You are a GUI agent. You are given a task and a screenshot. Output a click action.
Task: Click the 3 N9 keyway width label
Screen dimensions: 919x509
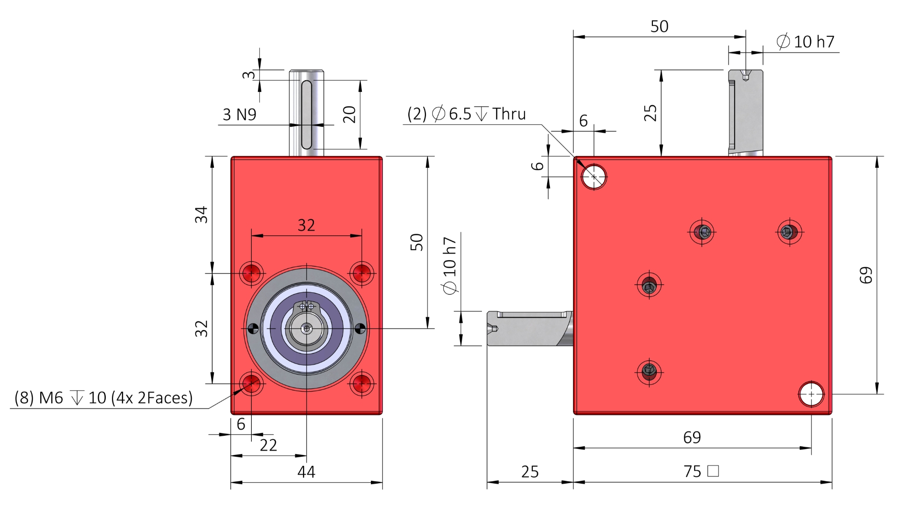click(239, 115)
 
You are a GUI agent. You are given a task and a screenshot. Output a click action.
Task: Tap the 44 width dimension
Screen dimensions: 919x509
click(306, 472)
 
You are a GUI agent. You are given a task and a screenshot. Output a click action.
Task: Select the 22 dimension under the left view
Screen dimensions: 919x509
click(268, 445)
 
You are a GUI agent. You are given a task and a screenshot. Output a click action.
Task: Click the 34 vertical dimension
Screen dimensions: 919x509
click(202, 214)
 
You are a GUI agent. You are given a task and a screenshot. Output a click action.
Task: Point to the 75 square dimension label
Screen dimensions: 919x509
click(701, 472)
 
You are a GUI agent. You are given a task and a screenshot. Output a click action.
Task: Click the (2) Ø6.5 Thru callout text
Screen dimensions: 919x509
click(467, 114)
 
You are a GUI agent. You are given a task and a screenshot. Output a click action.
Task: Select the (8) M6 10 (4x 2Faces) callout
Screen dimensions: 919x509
click(103, 398)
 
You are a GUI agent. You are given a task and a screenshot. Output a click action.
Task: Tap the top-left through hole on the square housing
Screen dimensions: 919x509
click(594, 177)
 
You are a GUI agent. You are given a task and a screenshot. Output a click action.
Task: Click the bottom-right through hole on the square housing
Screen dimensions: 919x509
click(811, 394)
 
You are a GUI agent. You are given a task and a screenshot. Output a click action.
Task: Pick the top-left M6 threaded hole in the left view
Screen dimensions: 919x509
click(252, 274)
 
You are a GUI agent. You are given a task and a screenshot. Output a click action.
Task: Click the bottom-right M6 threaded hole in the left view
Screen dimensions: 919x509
click(361, 384)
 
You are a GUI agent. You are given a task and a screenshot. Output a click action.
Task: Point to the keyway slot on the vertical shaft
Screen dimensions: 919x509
click(306, 115)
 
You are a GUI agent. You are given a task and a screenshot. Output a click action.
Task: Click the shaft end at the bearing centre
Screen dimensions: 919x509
click(306, 329)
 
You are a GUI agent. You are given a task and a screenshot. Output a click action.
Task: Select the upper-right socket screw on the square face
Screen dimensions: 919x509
click(789, 232)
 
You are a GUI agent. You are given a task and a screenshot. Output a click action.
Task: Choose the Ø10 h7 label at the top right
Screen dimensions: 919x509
click(806, 42)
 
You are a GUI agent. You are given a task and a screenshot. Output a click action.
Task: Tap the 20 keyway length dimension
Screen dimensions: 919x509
click(350, 114)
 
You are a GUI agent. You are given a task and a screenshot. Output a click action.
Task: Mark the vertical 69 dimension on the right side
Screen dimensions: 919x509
click(866, 275)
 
